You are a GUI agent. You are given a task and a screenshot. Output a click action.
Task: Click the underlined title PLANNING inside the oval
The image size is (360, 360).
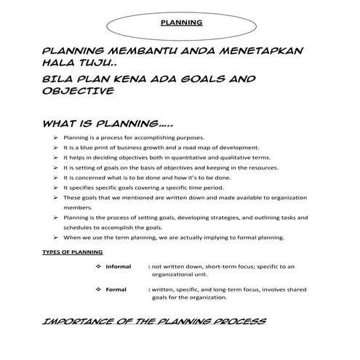click(180, 22)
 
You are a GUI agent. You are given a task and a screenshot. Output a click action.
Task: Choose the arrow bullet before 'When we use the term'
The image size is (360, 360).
click(56, 237)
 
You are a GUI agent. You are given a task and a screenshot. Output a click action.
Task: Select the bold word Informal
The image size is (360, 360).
click(119, 267)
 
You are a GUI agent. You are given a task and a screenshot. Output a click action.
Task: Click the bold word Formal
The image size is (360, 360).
click(116, 289)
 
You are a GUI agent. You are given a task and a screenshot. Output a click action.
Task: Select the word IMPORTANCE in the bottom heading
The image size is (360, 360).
click(76, 321)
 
